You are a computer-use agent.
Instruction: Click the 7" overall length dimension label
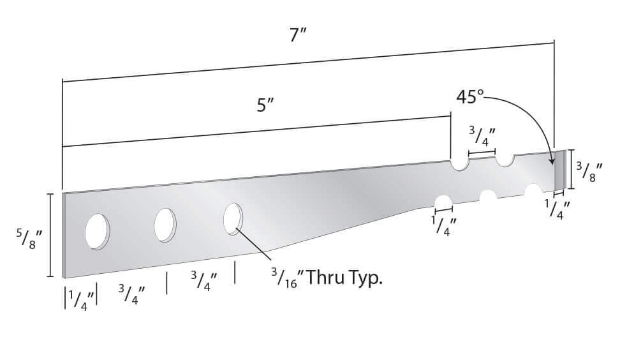coord(298,36)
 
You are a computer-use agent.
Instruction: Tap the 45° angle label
coord(470,97)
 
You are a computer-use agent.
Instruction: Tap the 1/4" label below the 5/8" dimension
coord(81,298)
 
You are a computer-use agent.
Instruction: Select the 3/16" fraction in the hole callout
coord(284,278)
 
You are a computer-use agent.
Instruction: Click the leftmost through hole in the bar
coord(97,231)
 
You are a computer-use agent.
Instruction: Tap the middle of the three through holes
coord(165,225)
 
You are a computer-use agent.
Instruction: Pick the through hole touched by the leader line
coord(233,219)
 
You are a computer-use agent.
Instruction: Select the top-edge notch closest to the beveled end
coord(505,160)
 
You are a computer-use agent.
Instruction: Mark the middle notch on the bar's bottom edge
coord(489,196)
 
